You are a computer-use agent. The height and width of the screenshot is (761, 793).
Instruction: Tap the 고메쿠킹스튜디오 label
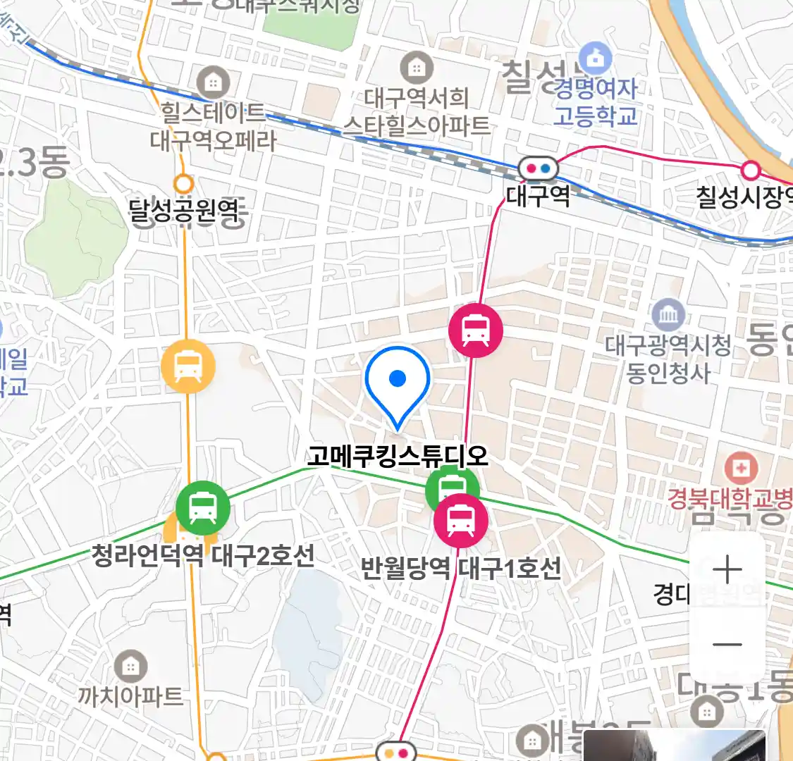click(398, 456)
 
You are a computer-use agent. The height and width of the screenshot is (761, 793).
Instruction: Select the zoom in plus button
click(727, 569)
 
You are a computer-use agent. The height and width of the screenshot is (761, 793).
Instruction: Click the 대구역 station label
click(538, 194)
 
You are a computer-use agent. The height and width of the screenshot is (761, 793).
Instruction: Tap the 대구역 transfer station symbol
click(539, 169)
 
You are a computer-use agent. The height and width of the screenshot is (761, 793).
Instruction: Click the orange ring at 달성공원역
click(183, 184)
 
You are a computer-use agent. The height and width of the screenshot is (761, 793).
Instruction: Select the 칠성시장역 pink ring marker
click(751, 170)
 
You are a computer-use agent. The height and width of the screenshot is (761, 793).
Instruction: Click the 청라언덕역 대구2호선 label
click(203, 555)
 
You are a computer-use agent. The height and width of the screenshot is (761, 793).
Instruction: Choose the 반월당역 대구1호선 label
click(461, 567)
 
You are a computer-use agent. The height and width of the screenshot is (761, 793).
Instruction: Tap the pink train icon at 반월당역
click(460, 520)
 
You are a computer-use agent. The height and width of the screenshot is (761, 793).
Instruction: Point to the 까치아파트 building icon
click(130, 665)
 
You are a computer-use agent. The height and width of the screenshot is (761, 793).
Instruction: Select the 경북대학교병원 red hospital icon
click(741, 468)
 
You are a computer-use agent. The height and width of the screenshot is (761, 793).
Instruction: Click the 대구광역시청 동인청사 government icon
click(668, 314)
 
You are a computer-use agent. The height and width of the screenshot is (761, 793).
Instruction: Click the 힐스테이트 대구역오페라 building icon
click(213, 82)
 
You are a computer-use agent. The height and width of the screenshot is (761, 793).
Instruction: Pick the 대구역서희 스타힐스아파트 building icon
click(417, 68)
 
